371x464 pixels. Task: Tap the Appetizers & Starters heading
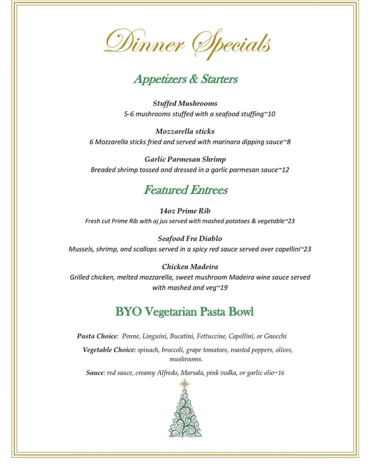pyautogui.click(x=185, y=79)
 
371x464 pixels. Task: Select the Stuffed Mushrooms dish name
pyautogui.click(x=185, y=104)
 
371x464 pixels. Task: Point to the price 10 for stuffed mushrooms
pyautogui.click(x=271, y=114)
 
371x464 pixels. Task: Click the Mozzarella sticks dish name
pyautogui.click(x=185, y=131)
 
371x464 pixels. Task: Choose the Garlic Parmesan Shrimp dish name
pyautogui.click(x=185, y=159)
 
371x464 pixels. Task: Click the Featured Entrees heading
pyautogui.click(x=185, y=190)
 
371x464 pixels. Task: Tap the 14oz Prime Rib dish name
pyautogui.click(x=185, y=211)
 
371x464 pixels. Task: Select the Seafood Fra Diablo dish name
pyautogui.click(x=190, y=239)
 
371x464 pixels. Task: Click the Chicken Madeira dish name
pyautogui.click(x=190, y=267)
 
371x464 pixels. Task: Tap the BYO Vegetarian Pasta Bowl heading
pyautogui.click(x=184, y=312)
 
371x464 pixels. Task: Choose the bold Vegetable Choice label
pyautogui.click(x=109, y=350)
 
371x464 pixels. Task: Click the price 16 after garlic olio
pyautogui.click(x=281, y=373)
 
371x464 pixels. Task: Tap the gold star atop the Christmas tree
pyautogui.click(x=185, y=384)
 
